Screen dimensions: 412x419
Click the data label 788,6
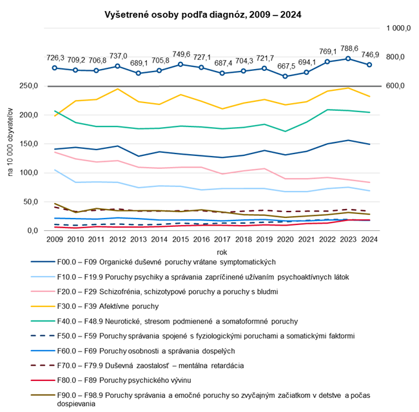point(349,48)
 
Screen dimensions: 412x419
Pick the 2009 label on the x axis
point(56,240)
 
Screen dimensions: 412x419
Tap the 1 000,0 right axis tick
point(398,28)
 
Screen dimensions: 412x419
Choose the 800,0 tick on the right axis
point(395,57)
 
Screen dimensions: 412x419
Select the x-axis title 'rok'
point(212,252)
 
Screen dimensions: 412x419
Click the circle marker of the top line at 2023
point(349,59)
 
